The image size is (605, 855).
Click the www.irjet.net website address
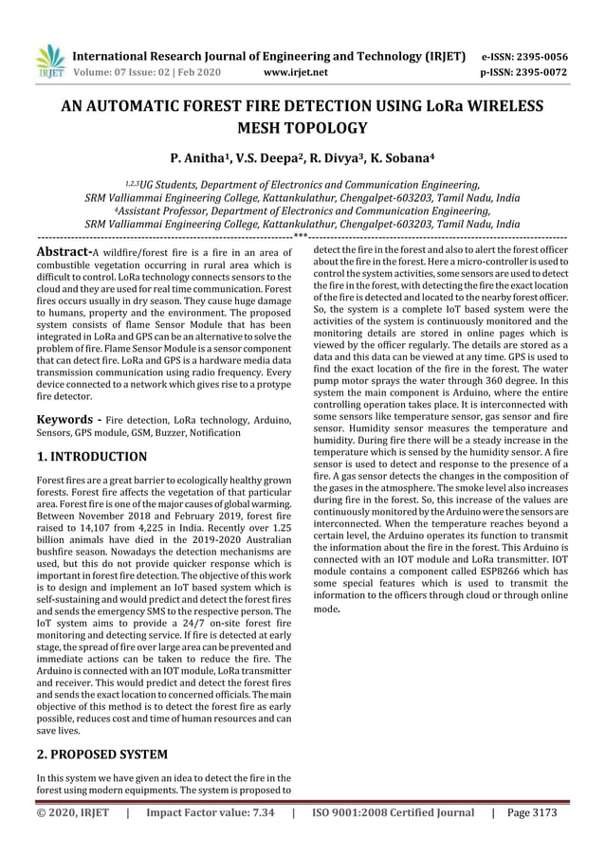pos(298,71)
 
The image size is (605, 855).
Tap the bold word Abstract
pos(63,251)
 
